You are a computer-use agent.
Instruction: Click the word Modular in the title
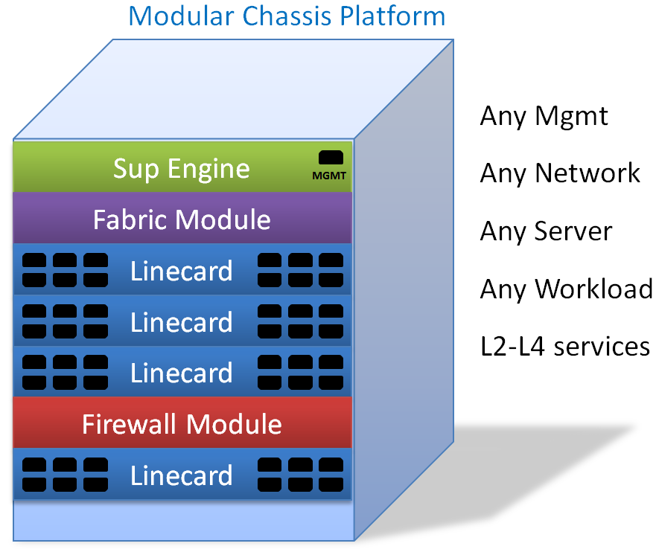point(182,16)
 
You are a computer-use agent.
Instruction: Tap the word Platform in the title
point(392,16)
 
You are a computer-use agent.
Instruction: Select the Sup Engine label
point(182,169)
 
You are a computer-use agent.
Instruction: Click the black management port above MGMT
point(331,158)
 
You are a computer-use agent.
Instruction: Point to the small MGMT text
point(329,176)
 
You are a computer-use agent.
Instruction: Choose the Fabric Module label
point(182,219)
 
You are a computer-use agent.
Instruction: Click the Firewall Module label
point(182,425)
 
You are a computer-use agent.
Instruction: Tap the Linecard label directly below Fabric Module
point(182,271)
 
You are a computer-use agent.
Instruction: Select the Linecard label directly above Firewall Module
point(182,373)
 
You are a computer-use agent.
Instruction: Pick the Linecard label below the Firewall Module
point(182,475)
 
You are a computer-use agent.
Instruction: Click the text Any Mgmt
point(544,117)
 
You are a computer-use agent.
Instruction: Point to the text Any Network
point(560,173)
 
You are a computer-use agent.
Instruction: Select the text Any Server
point(547,232)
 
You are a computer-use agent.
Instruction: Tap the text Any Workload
point(567,289)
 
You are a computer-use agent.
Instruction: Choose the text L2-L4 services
point(565,347)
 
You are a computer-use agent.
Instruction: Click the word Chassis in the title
point(287,16)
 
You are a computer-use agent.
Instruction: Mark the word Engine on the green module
point(208,170)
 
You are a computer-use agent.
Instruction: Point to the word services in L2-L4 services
point(602,347)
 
